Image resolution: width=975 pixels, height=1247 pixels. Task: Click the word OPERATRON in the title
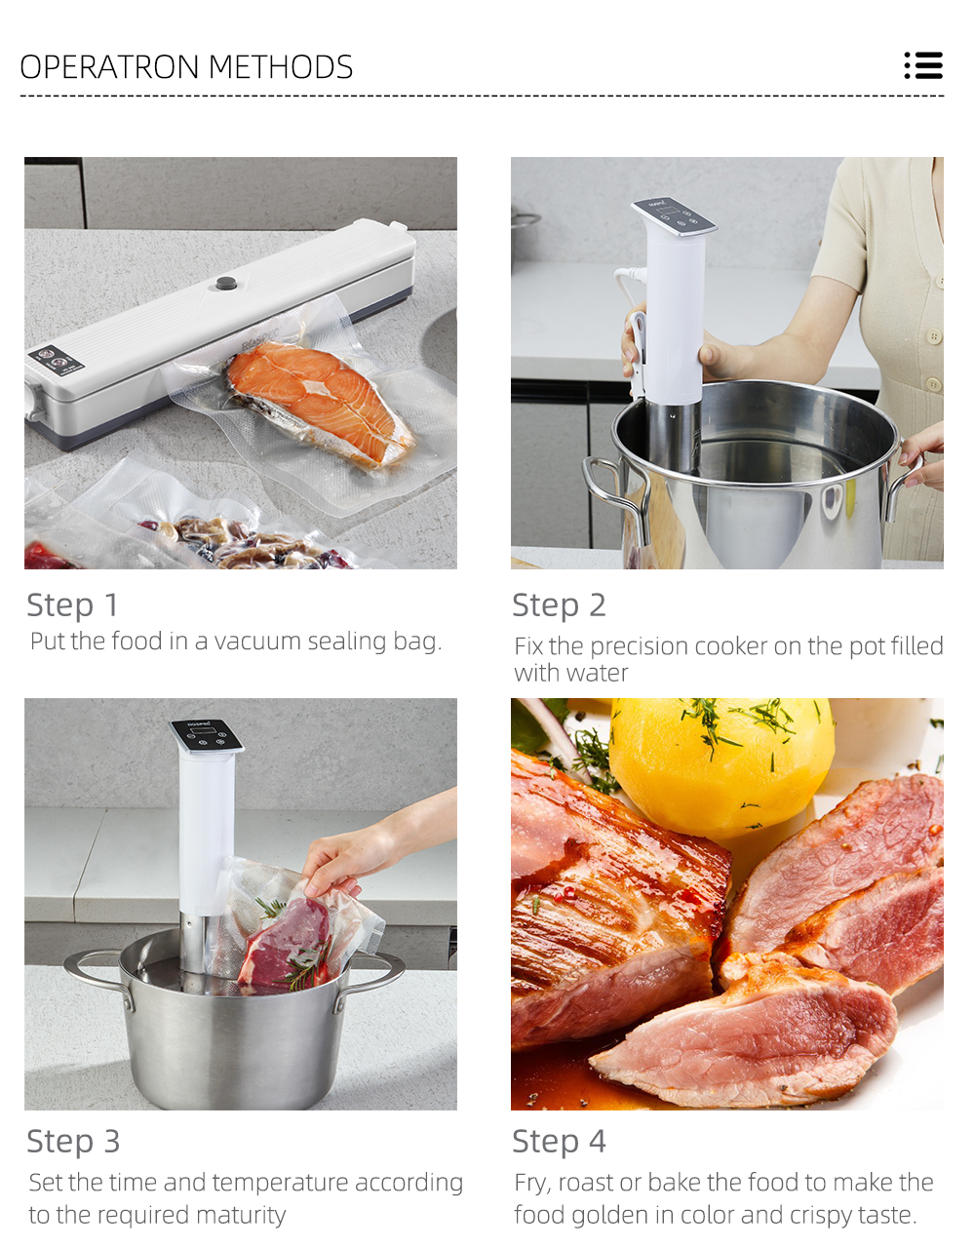109,66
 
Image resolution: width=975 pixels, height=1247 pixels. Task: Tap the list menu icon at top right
923,65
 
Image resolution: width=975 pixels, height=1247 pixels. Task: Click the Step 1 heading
73,604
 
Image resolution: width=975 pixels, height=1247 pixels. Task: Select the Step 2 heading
559,604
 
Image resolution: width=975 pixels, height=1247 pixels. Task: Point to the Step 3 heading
73,1141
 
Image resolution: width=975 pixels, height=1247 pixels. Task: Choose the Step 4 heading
559,1141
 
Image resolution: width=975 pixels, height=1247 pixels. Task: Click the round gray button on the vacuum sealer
226,283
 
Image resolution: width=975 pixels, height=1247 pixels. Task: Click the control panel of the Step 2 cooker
674,215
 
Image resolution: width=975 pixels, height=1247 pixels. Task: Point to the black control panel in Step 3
206,736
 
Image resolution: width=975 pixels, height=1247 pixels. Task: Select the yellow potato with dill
721,765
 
